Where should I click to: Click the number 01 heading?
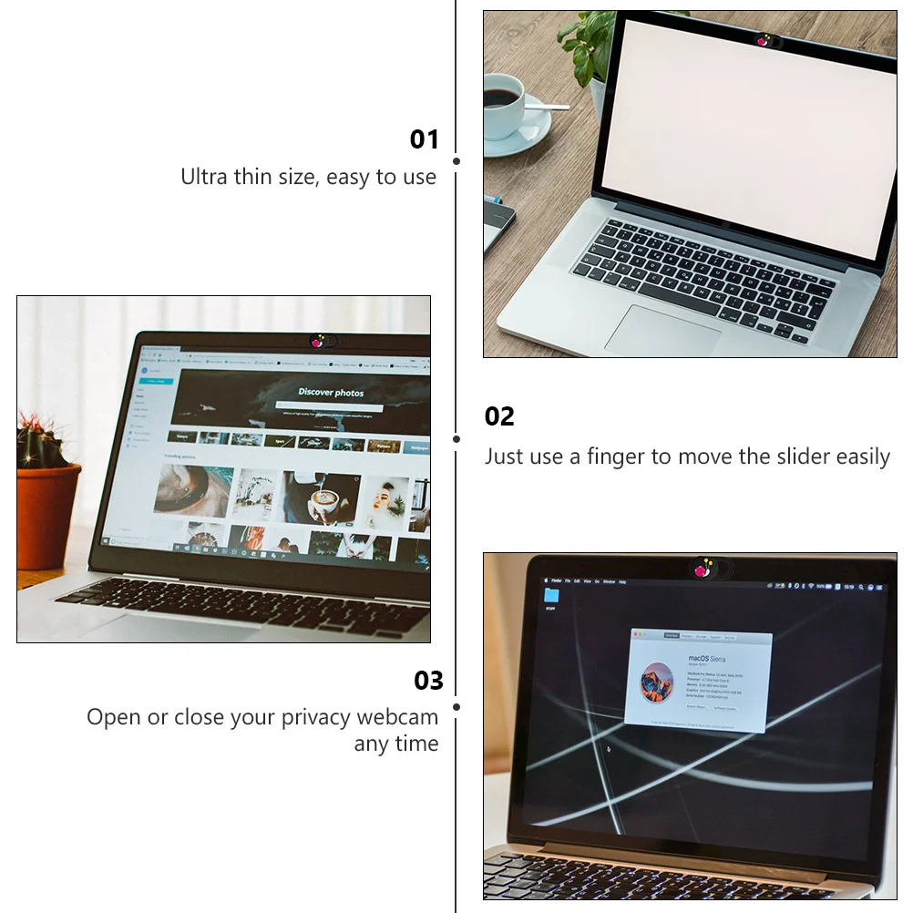[425, 139]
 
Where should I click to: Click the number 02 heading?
[499, 416]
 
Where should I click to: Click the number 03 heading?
[428, 681]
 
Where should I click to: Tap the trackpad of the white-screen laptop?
[662, 330]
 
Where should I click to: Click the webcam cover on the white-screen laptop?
[767, 40]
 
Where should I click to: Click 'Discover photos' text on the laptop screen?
[331, 393]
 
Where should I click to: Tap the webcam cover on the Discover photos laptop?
[319, 342]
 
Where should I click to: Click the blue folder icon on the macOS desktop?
[551, 595]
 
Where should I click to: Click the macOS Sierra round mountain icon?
[656, 682]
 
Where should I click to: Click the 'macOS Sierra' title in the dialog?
[707, 657]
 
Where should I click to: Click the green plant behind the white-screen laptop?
[583, 41]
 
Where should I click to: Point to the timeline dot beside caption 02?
[456, 438]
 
